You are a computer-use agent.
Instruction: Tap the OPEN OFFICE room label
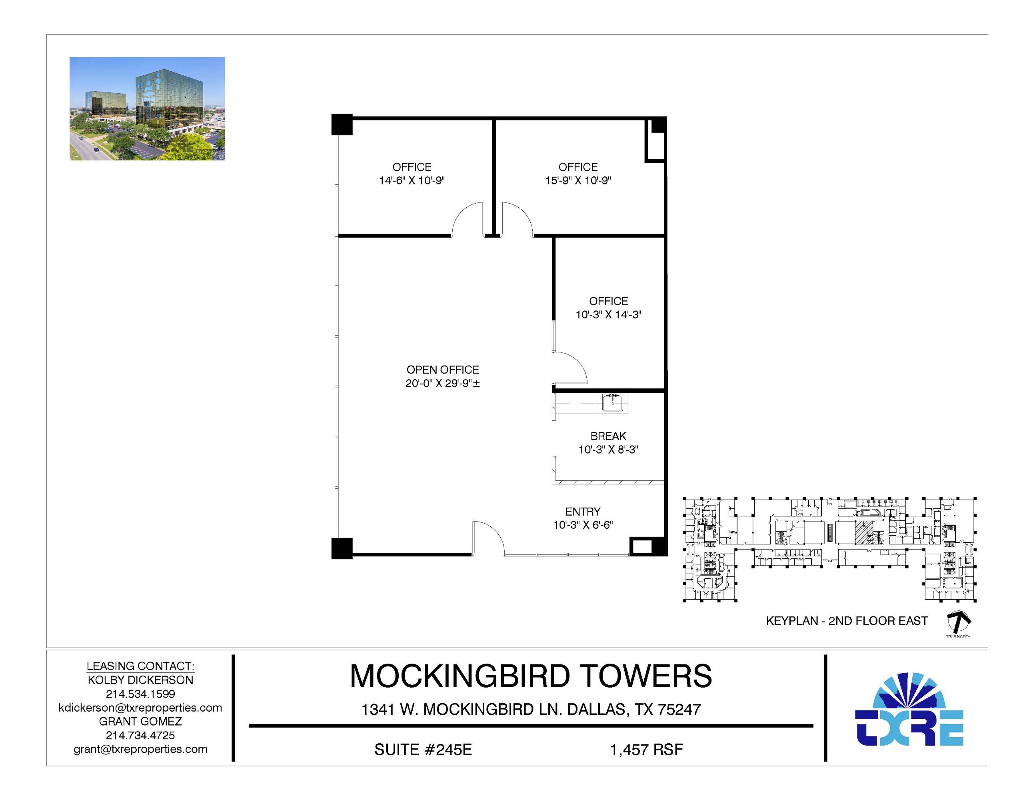click(443, 370)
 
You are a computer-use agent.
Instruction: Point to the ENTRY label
click(583, 512)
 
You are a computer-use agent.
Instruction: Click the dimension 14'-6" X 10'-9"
click(412, 180)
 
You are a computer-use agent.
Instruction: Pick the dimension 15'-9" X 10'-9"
click(578, 180)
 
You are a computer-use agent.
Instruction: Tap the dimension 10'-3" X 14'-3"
click(609, 315)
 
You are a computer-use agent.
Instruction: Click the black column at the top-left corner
click(342, 125)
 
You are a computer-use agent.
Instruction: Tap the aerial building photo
click(147, 108)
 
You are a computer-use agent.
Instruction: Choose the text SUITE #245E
click(423, 749)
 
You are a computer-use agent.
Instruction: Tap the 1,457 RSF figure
click(646, 749)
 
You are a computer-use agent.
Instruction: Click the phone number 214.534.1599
click(140, 694)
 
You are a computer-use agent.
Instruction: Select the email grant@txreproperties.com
click(140, 749)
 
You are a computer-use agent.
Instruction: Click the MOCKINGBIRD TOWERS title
click(531, 676)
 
